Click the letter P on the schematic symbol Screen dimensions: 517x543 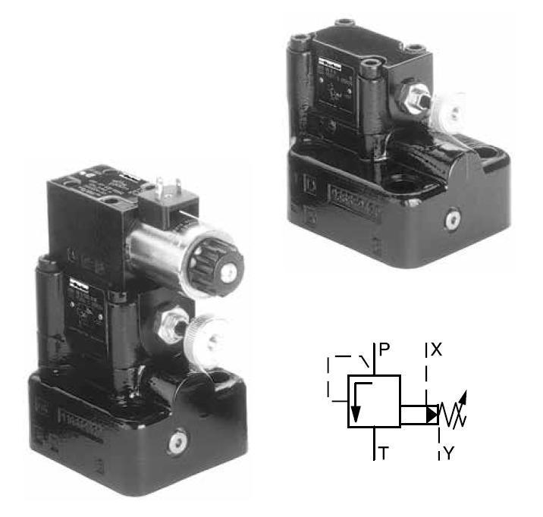pyautogui.click(x=384, y=349)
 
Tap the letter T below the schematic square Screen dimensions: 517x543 pyautogui.click(x=384, y=453)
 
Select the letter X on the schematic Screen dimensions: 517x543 pyautogui.click(x=436, y=349)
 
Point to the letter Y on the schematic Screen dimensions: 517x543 pyautogui.click(x=449, y=453)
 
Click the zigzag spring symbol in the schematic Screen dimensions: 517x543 pyautogui.click(x=455, y=414)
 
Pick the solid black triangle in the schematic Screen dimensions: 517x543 pyautogui.click(x=432, y=415)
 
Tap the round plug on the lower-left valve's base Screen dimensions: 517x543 pyautogui.click(x=180, y=442)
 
